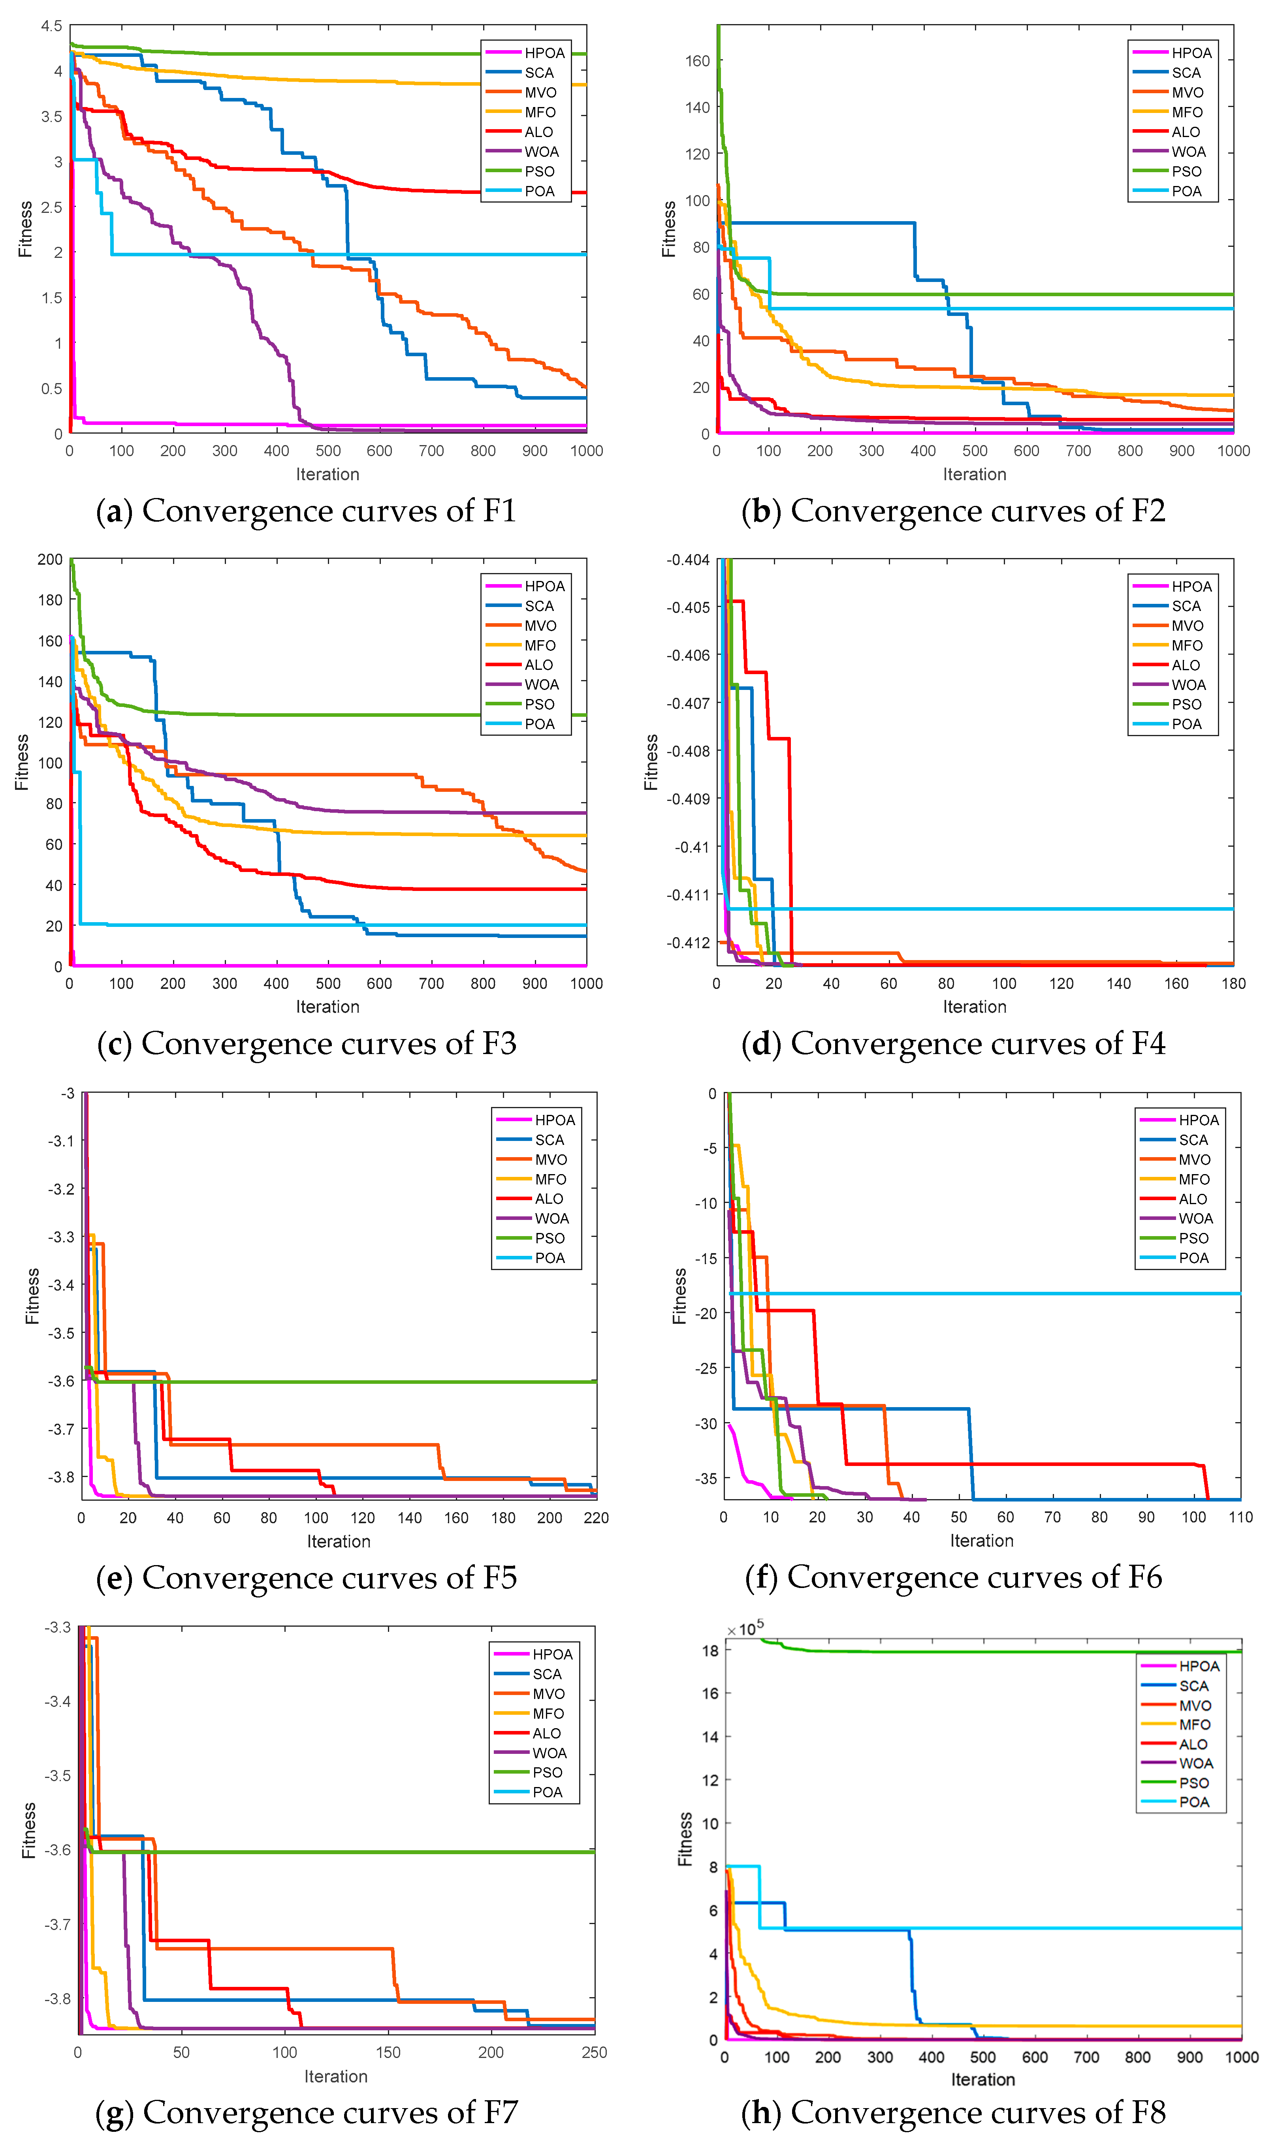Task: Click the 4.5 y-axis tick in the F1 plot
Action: (x=52, y=26)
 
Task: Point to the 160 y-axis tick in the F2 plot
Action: (x=697, y=61)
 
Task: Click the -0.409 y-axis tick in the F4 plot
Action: (x=688, y=799)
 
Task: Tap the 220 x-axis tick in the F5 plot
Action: (x=596, y=1518)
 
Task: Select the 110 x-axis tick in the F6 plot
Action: (x=1240, y=1517)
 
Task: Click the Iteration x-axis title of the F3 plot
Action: (x=327, y=1007)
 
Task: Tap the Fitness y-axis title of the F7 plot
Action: (x=29, y=1831)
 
